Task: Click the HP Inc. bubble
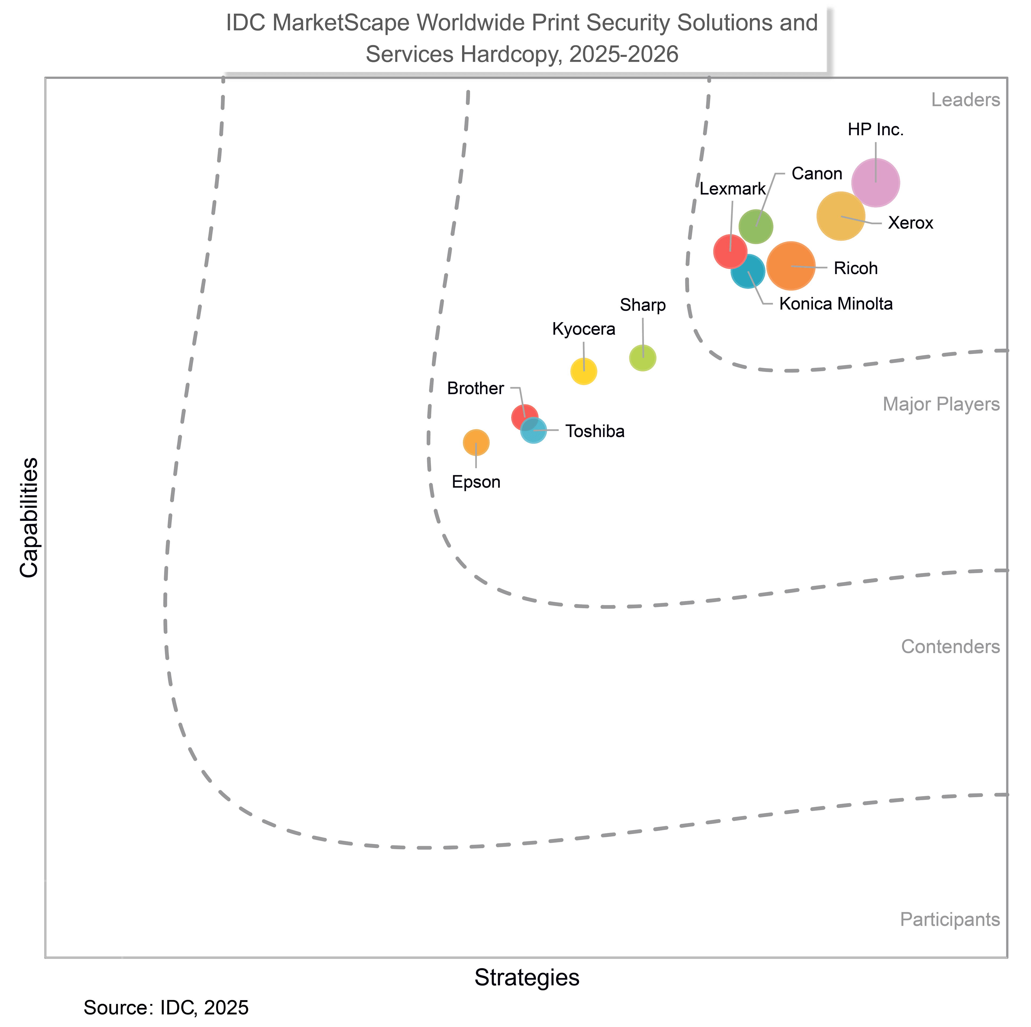(x=875, y=183)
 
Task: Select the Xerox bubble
(x=840, y=216)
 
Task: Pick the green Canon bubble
(x=756, y=226)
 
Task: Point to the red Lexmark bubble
(x=730, y=251)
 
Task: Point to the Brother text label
(x=475, y=388)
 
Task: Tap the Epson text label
(x=476, y=482)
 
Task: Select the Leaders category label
(x=965, y=100)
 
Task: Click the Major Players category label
(x=941, y=405)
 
